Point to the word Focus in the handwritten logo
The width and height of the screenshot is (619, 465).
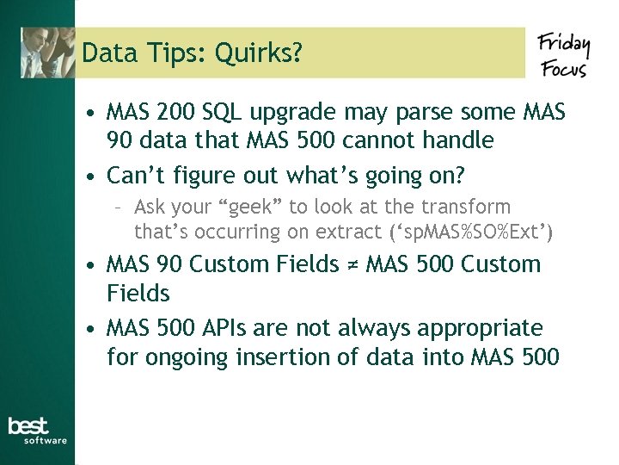click(x=564, y=66)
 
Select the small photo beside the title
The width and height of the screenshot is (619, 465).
click(x=48, y=53)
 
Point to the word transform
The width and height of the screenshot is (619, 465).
click(x=466, y=207)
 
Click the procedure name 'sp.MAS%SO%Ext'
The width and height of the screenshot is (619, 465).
click(x=471, y=232)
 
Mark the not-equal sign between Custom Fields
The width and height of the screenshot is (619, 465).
click(x=352, y=264)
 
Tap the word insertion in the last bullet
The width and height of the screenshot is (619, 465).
click(x=271, y=355)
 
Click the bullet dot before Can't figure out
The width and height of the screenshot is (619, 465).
click(x=89, y=177)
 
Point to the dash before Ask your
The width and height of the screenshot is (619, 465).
click(x=121, y=208)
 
